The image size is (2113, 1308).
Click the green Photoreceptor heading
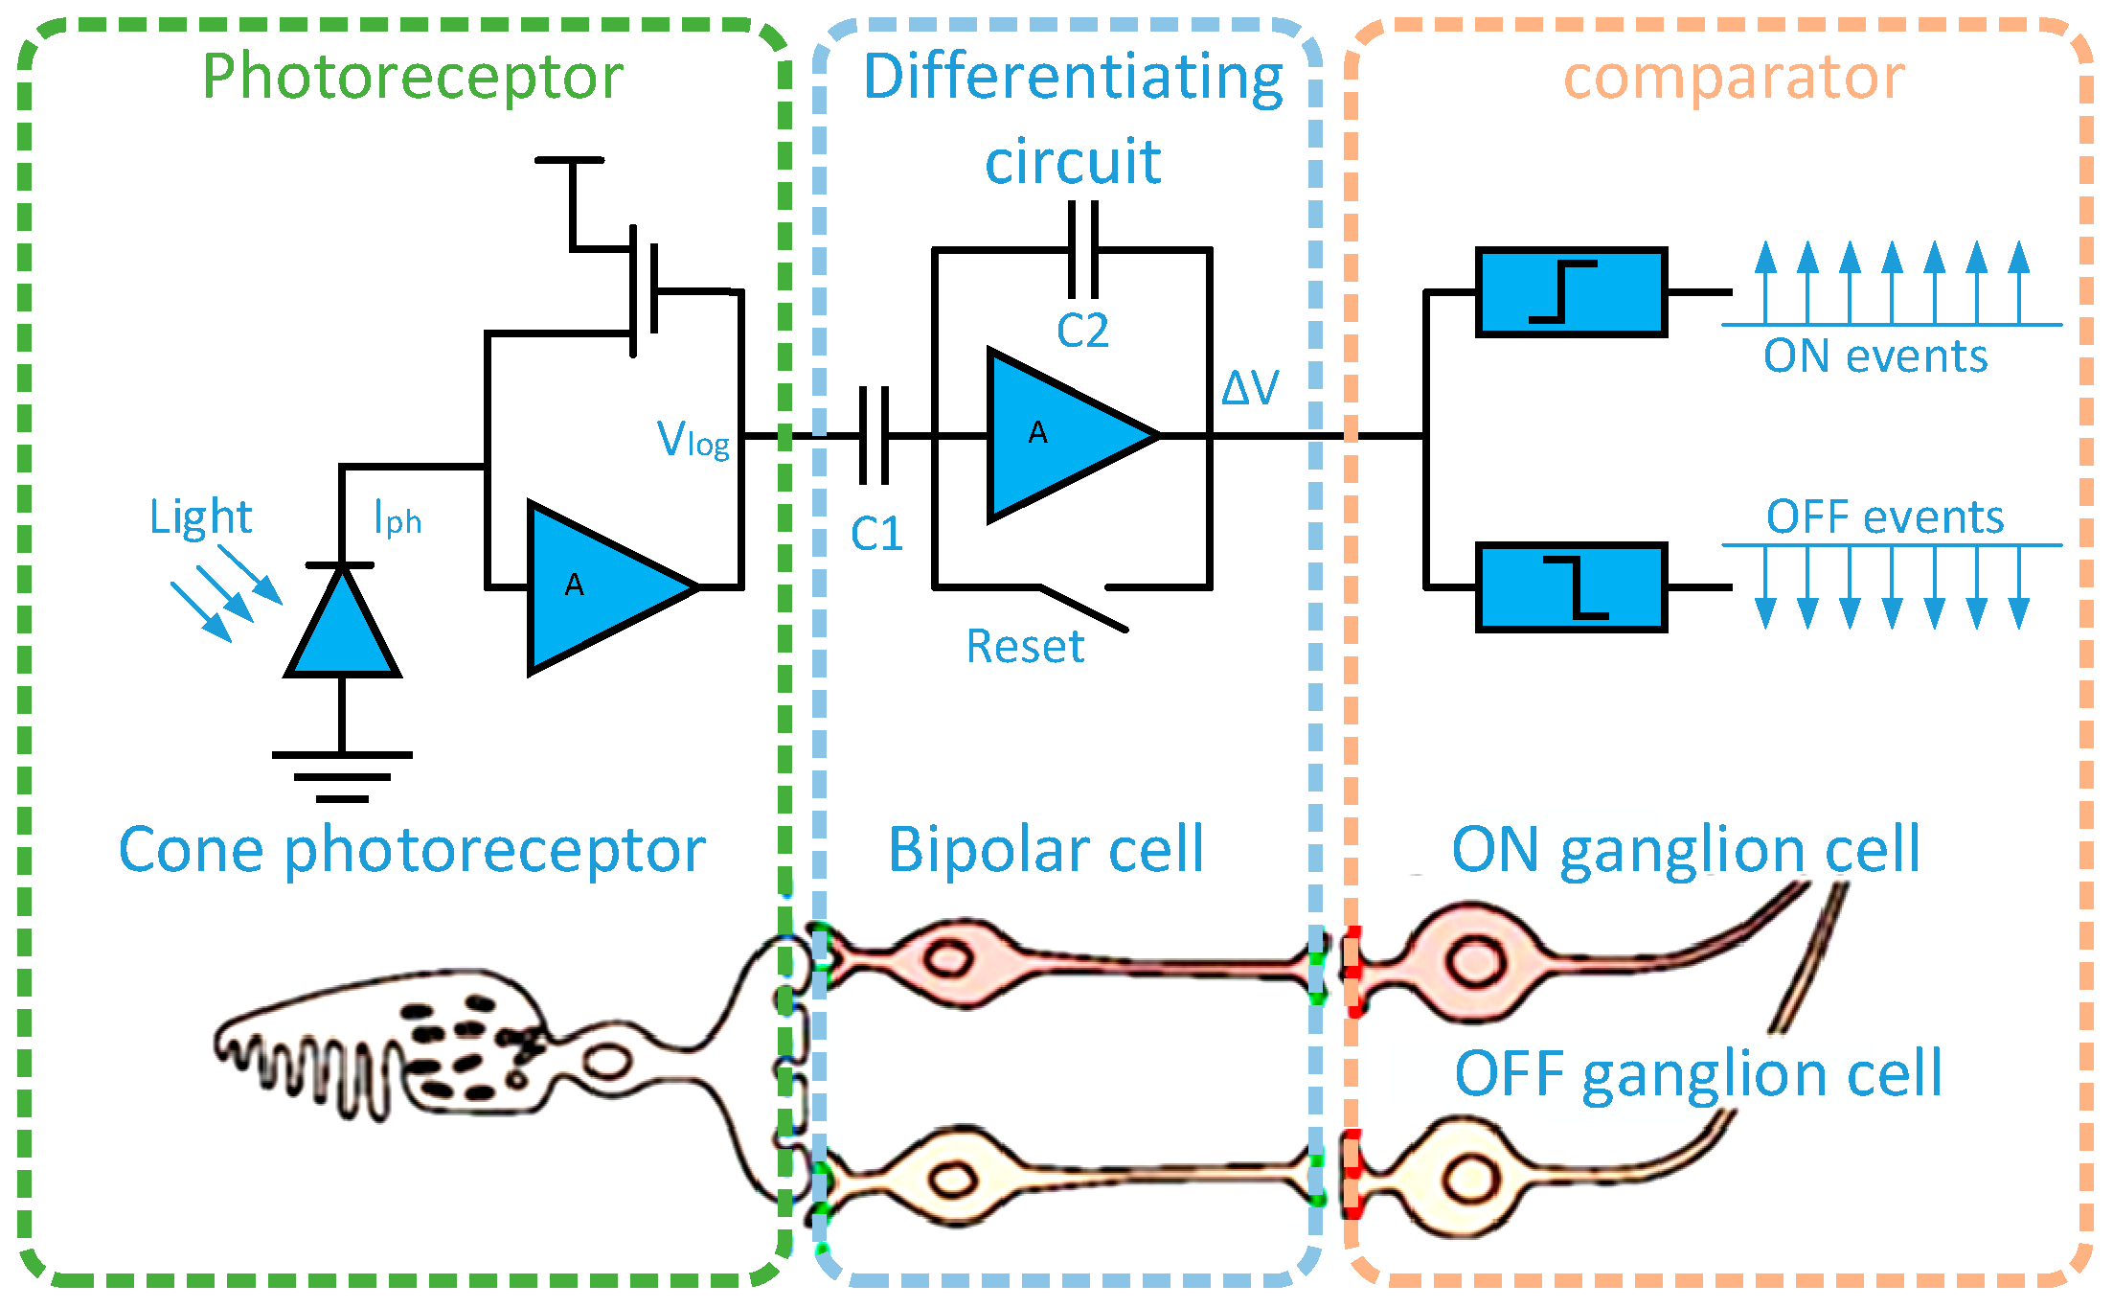[413, 77]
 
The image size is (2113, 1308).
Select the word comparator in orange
[1734, 77]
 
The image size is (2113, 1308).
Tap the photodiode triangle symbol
[342, 623]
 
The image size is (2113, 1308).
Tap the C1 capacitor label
[876, 534]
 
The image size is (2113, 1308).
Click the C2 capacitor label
[1082, 332]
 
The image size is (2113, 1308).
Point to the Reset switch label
[1025, 647]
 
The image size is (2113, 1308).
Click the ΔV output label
[1250, 388]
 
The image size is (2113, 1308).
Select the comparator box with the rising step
[1571, 292]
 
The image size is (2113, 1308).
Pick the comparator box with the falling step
[1571, 587]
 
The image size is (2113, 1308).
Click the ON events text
[1875, 356]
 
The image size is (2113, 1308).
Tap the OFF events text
[1885, 517]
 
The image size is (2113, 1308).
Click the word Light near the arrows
[200, 517]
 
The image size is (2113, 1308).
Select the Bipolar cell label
[1046, 850]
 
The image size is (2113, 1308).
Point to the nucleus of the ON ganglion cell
[1475, 961]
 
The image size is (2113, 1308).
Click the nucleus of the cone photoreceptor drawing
[607, 1062]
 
